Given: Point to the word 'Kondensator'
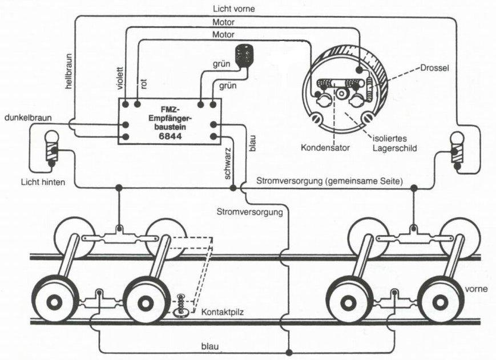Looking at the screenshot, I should [325, 147].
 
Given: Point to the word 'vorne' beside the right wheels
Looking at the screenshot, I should [476, 289].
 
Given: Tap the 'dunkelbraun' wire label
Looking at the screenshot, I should [29, 118].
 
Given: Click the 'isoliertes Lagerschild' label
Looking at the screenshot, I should [393, 142].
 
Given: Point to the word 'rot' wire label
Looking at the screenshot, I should [144, 84].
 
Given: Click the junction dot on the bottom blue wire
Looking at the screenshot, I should [289, 352].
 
